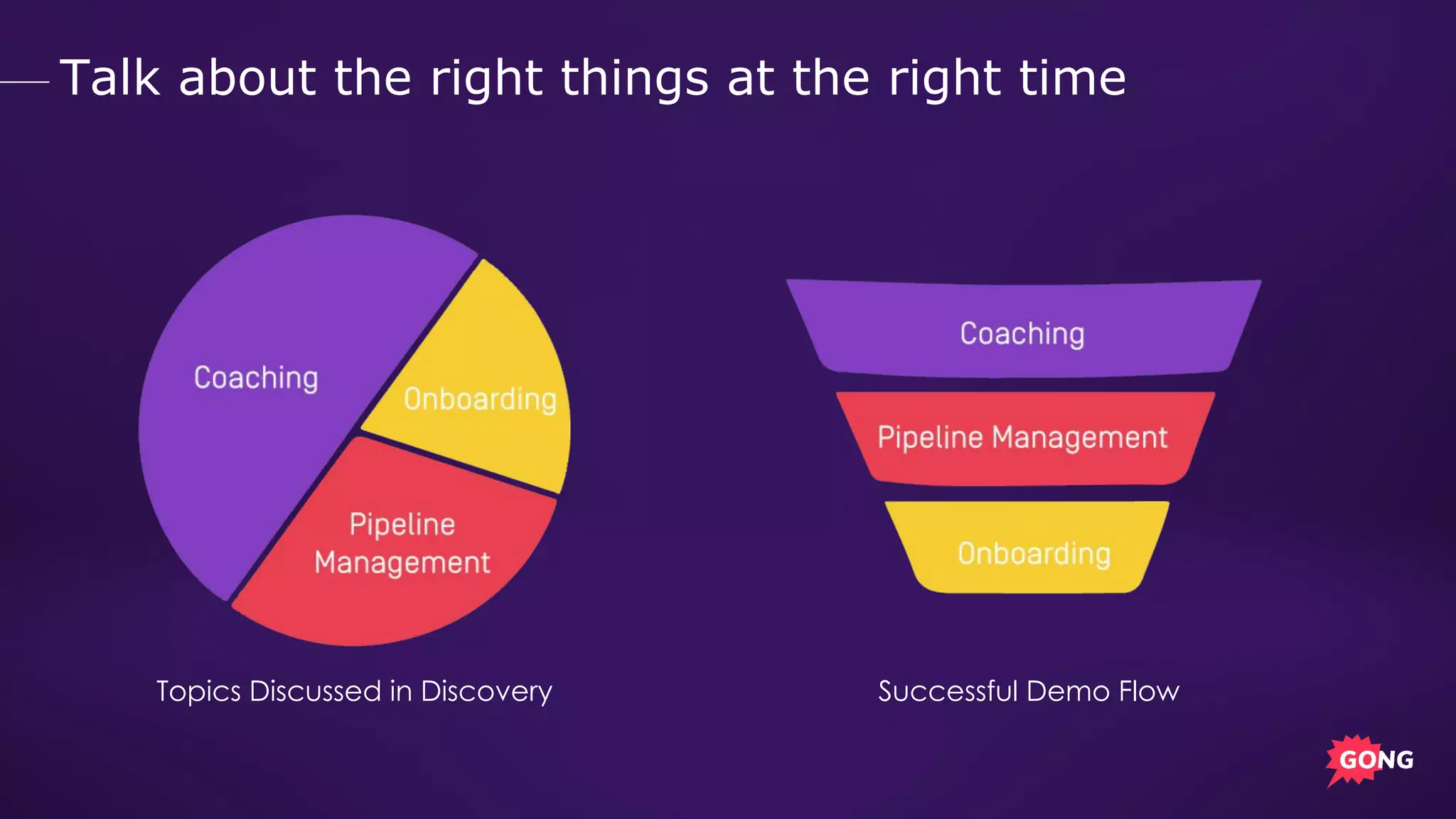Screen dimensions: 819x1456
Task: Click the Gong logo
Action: [1369, 760]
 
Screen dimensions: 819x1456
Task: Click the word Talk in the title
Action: [110, 77]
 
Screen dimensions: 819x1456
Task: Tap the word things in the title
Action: [634, 77]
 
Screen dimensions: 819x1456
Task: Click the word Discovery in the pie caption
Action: [486, 691]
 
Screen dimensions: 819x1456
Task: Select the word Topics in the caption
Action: [198, 691]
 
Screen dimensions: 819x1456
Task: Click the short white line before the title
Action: [24, 82]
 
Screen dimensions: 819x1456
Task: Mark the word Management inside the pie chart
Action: [402, 563]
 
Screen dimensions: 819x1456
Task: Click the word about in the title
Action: [247, 77]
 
